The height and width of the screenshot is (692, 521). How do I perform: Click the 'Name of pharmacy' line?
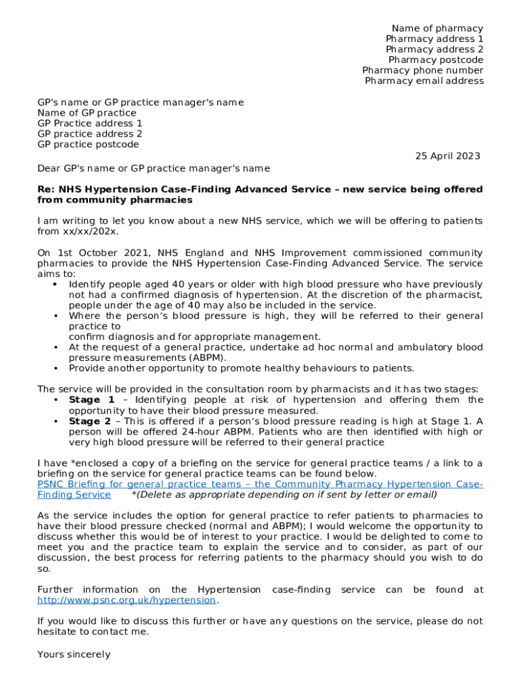click(x=437, y=28)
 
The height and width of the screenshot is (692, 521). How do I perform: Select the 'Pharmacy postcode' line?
click(x=436, y=60)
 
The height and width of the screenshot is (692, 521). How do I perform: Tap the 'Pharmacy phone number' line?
click(x=423, y=70)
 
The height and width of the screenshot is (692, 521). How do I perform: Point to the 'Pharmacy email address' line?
click(x=424, y=81)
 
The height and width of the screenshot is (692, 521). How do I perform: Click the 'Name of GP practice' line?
click(x=87, y=113)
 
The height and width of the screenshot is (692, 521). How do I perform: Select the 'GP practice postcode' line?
click(x=88, y=145)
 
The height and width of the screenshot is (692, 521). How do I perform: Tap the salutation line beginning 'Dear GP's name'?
click(x=153, y=168)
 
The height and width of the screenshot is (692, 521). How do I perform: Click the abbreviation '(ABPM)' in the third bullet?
click(x=208, y=357)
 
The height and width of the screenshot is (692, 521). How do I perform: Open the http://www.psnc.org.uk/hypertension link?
click(x=127, y=600)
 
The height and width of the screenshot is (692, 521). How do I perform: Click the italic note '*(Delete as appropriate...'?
click(x=284, y=495)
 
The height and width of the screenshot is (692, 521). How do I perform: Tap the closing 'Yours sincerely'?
click(x=74, y=654)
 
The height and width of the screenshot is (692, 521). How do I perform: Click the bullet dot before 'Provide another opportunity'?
click(x=54, y=368)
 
